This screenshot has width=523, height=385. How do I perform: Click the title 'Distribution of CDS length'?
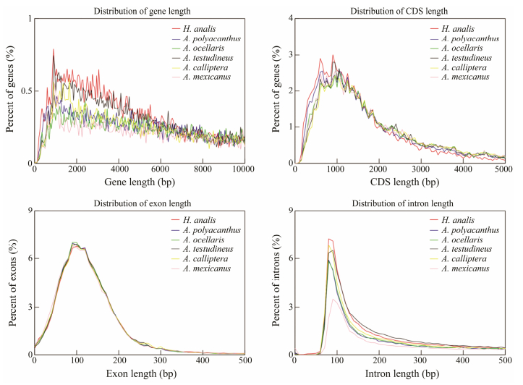pyautogui.click(x=400, y=9)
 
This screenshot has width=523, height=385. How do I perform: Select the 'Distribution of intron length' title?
pyautogui.click(x=400, y=202)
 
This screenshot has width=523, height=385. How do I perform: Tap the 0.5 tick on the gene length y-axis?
pyautogui.click(x=26, y=91)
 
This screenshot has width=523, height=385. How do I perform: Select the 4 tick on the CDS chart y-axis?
pyautogui.click(x=289, y=18)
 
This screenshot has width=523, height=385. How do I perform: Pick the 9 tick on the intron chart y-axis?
pyautogui.click(x=289, y=211)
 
